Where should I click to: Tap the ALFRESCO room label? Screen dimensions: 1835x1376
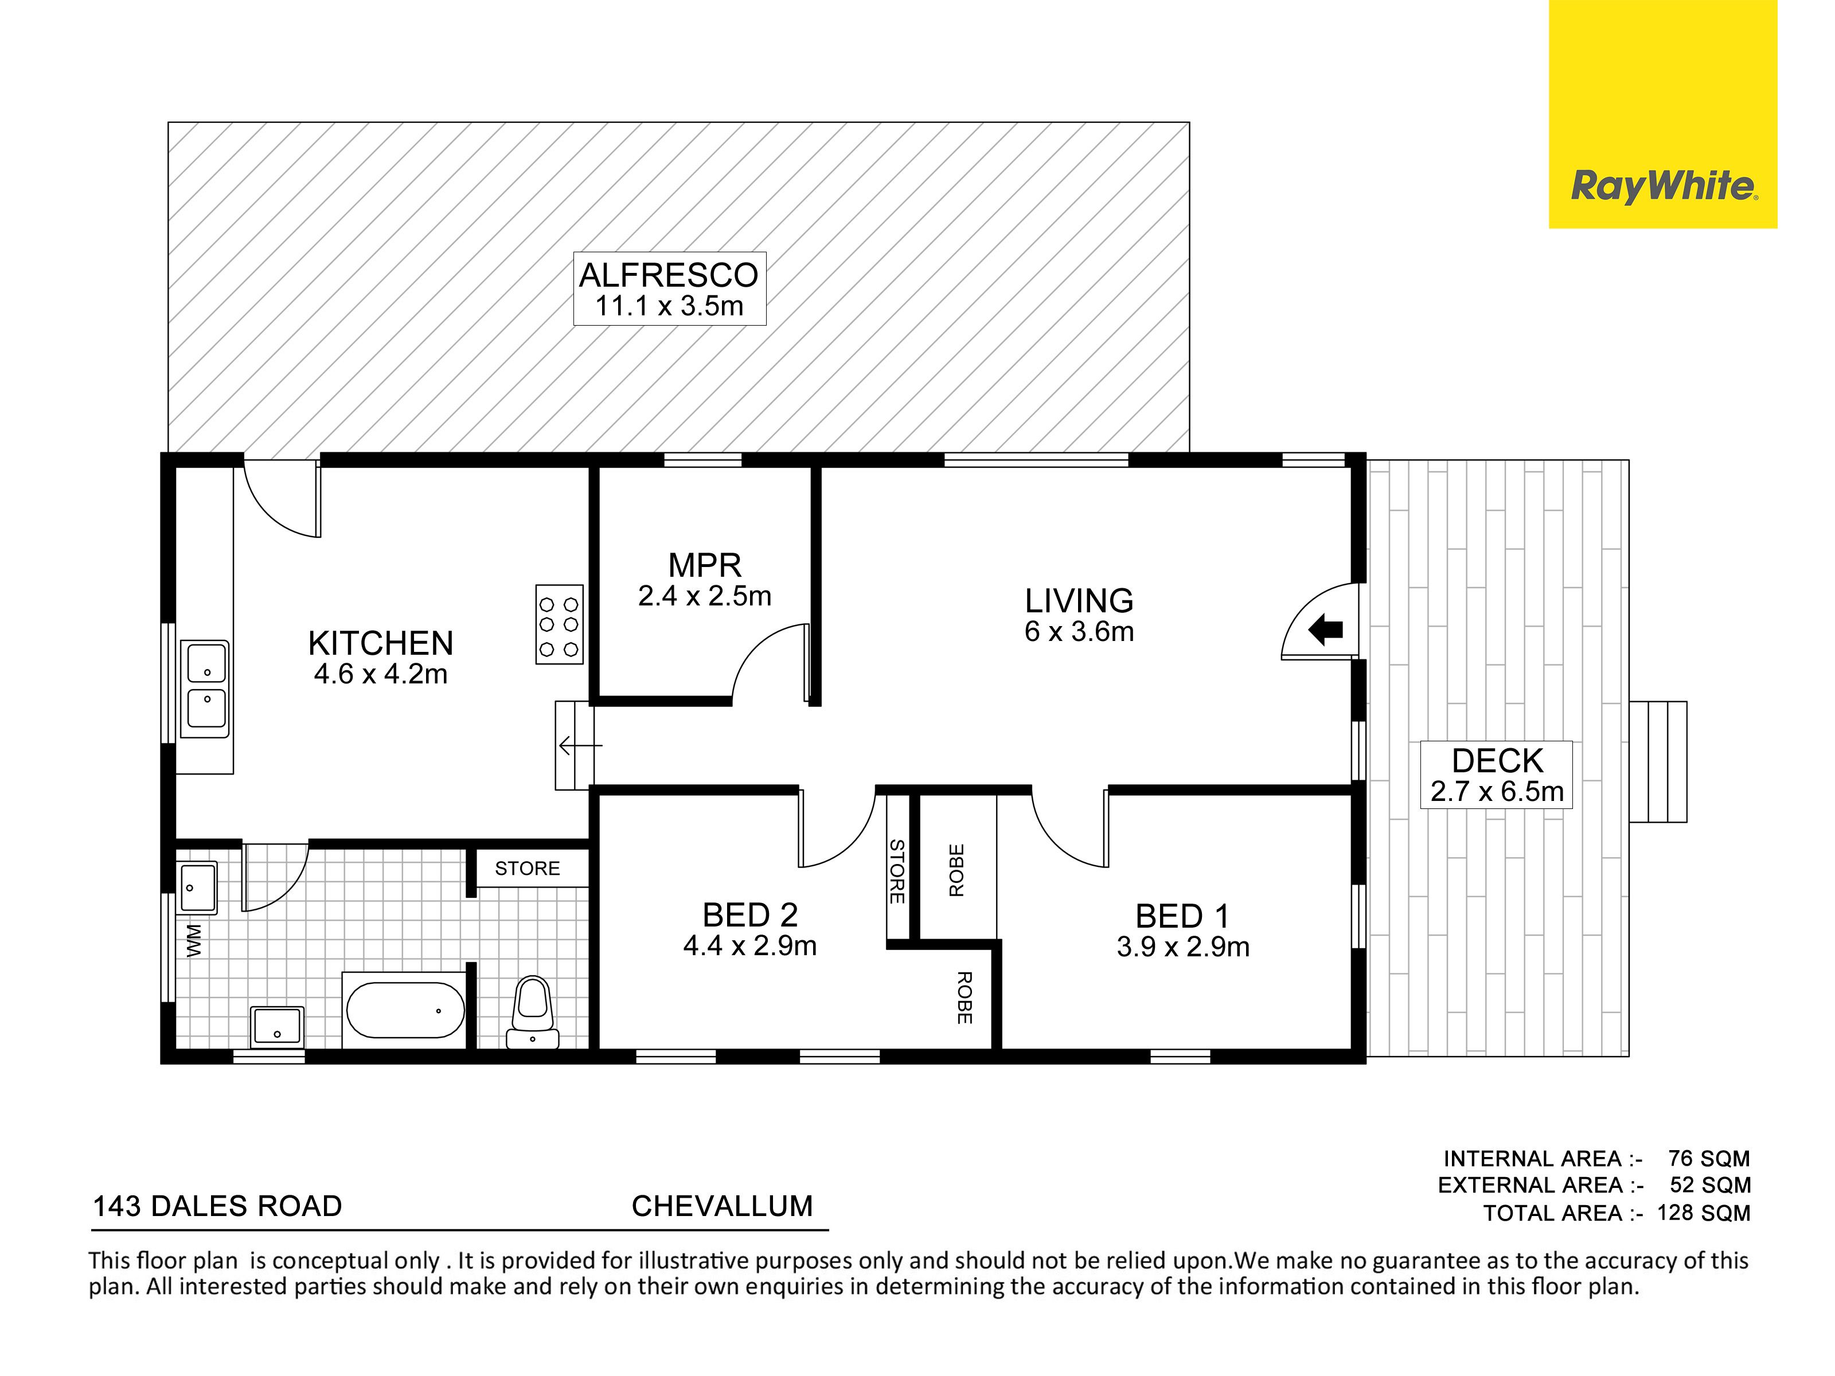pyautogui.click(x=669, y=275)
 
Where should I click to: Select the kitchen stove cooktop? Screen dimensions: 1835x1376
pyautogui.click(x=559, y=624)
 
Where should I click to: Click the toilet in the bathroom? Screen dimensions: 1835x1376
pyautogui.click(x=533, y=1013)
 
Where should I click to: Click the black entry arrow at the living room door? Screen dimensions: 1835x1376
pyautogui.click(x=1326, y=630)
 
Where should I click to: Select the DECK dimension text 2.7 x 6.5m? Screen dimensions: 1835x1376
pyautogui.click(x=1497, y=791)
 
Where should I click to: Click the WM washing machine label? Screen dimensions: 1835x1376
pyautogui.click(x=194, y=941)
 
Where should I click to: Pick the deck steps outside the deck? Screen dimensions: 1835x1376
pyautogui.click(x=1657, y=761)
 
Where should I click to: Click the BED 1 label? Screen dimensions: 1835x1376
pyautogui.click(x=1182, y=916)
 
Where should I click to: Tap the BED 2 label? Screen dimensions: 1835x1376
pyautogui.click(x=750, y=915)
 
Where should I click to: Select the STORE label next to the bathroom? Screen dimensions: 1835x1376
pyautogui.click(x=528, y=869)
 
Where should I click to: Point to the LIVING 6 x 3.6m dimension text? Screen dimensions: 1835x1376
pyautogui.click(x=1079, y=631)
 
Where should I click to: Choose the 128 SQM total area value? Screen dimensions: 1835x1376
pyautogui.click(x=1704, y=1213)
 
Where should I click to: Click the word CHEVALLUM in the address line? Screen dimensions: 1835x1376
pyautogui.click(x=723, y=1206)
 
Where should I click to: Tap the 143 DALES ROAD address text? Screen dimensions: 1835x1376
pyautogui.click(x=217, y=1206)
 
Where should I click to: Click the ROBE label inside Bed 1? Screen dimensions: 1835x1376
pyautogui.click(x=956, y=870)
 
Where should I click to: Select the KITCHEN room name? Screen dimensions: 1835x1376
pyautogui.click(x=381, y=643)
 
